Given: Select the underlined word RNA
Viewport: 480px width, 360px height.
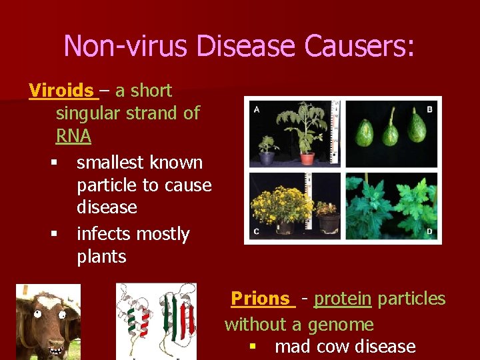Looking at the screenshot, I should (73, 136).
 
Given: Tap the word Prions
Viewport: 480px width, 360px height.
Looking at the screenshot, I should (261, 299).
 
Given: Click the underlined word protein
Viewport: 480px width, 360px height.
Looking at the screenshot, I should (343, 299).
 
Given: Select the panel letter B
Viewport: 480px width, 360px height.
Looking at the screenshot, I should (429, 109).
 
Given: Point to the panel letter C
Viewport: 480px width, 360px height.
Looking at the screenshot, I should (257, 231).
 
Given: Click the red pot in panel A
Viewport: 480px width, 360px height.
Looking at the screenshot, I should (307, 158).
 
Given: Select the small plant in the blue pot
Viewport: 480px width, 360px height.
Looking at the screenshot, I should (268, 150).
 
